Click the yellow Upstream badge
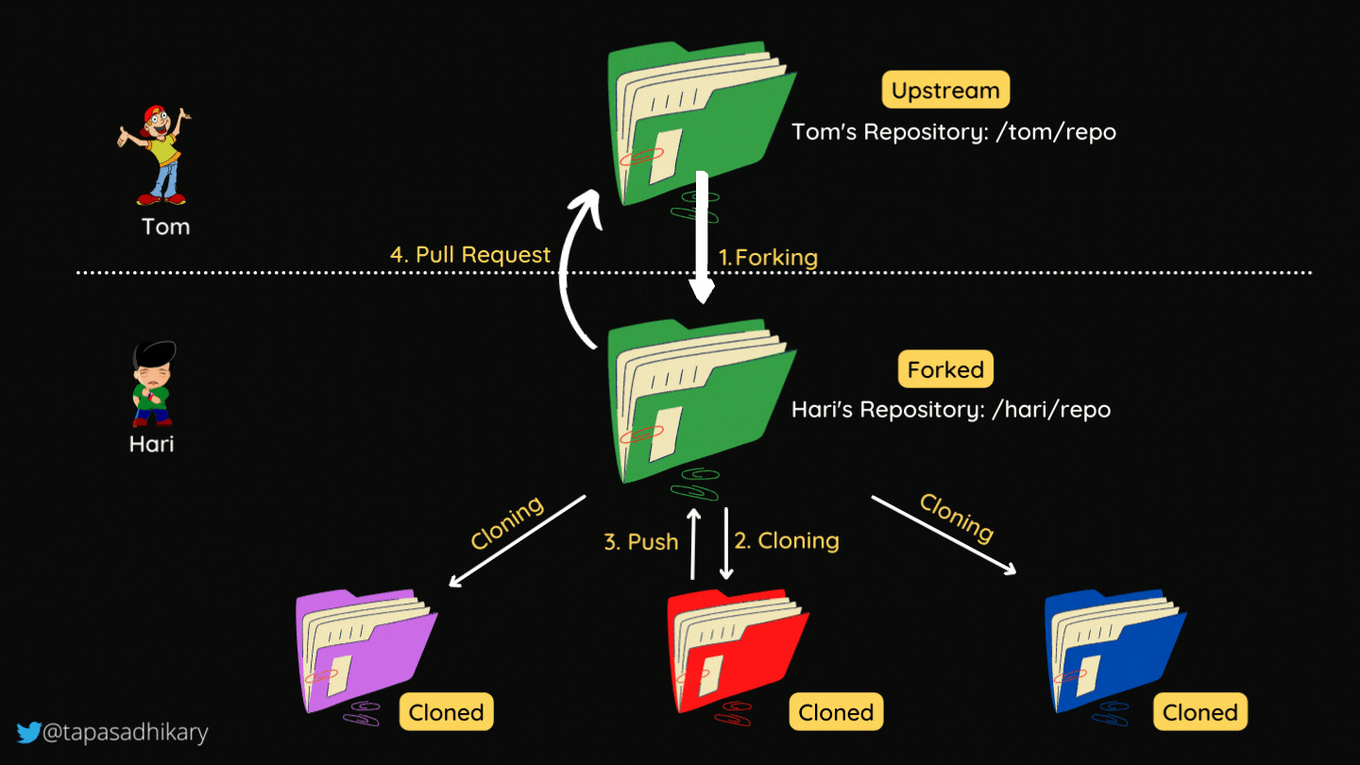click(945, 91)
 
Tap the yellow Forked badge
click(945, 369)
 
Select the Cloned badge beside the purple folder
click(447, 712)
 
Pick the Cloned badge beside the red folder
click(836, 712)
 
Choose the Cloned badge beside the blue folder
click(1199, 712)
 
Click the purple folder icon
click(364, 652)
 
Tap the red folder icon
click(735, 652)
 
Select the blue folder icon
click(1113, 652)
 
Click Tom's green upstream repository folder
click(699, 123)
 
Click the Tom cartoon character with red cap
click(157, 155)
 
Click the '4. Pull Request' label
click(470, 255)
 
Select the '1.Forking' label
click(768, 257)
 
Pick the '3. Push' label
click(640, 542)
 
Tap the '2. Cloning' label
click(787, 540)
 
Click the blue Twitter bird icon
click(28, 732)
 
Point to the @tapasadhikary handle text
click(125, 732)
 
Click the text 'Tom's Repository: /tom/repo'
click(954, 132)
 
